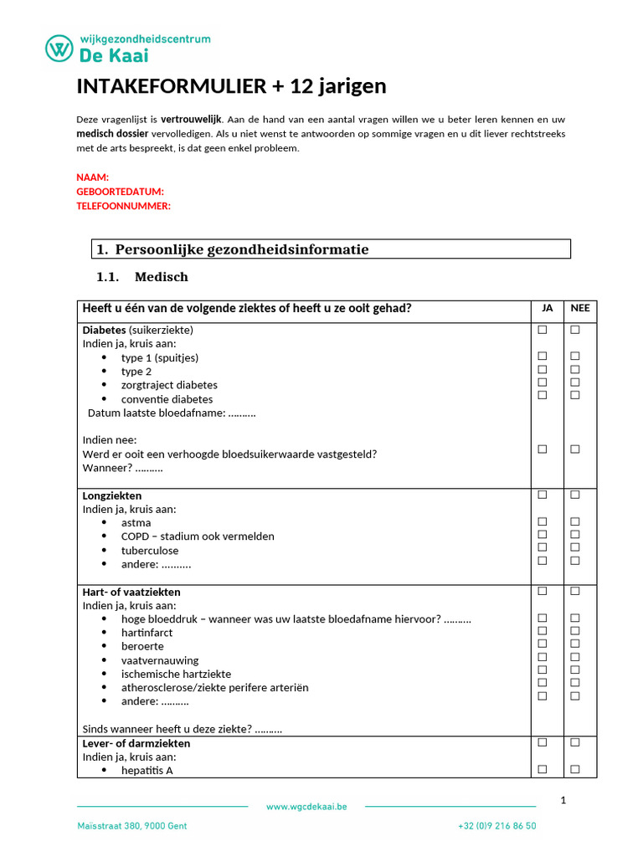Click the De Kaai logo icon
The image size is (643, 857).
pos(58,48)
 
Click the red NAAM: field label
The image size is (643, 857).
pos(93,177)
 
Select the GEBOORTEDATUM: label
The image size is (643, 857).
pos(120,192)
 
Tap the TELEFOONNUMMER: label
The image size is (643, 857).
pos(123,206)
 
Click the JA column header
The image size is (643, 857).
pos(548,308)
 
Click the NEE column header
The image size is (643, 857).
pos(580,308)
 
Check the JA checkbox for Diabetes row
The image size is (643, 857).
pos(543,330)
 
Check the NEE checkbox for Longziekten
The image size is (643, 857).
pos(575,495)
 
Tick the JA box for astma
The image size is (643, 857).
pos(543,521)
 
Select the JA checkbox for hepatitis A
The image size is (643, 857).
pos(543,769)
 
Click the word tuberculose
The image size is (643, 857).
pos(150,551)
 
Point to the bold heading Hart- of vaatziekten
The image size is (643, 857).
pos(131,592)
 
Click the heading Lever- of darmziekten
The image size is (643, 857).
pos(136,743)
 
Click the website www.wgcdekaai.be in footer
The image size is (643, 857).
pos(306,807)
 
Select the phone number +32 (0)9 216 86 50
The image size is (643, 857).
pos(497,826)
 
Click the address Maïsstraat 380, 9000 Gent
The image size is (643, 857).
pos(132,826)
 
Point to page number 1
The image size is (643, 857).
pos(563,800)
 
